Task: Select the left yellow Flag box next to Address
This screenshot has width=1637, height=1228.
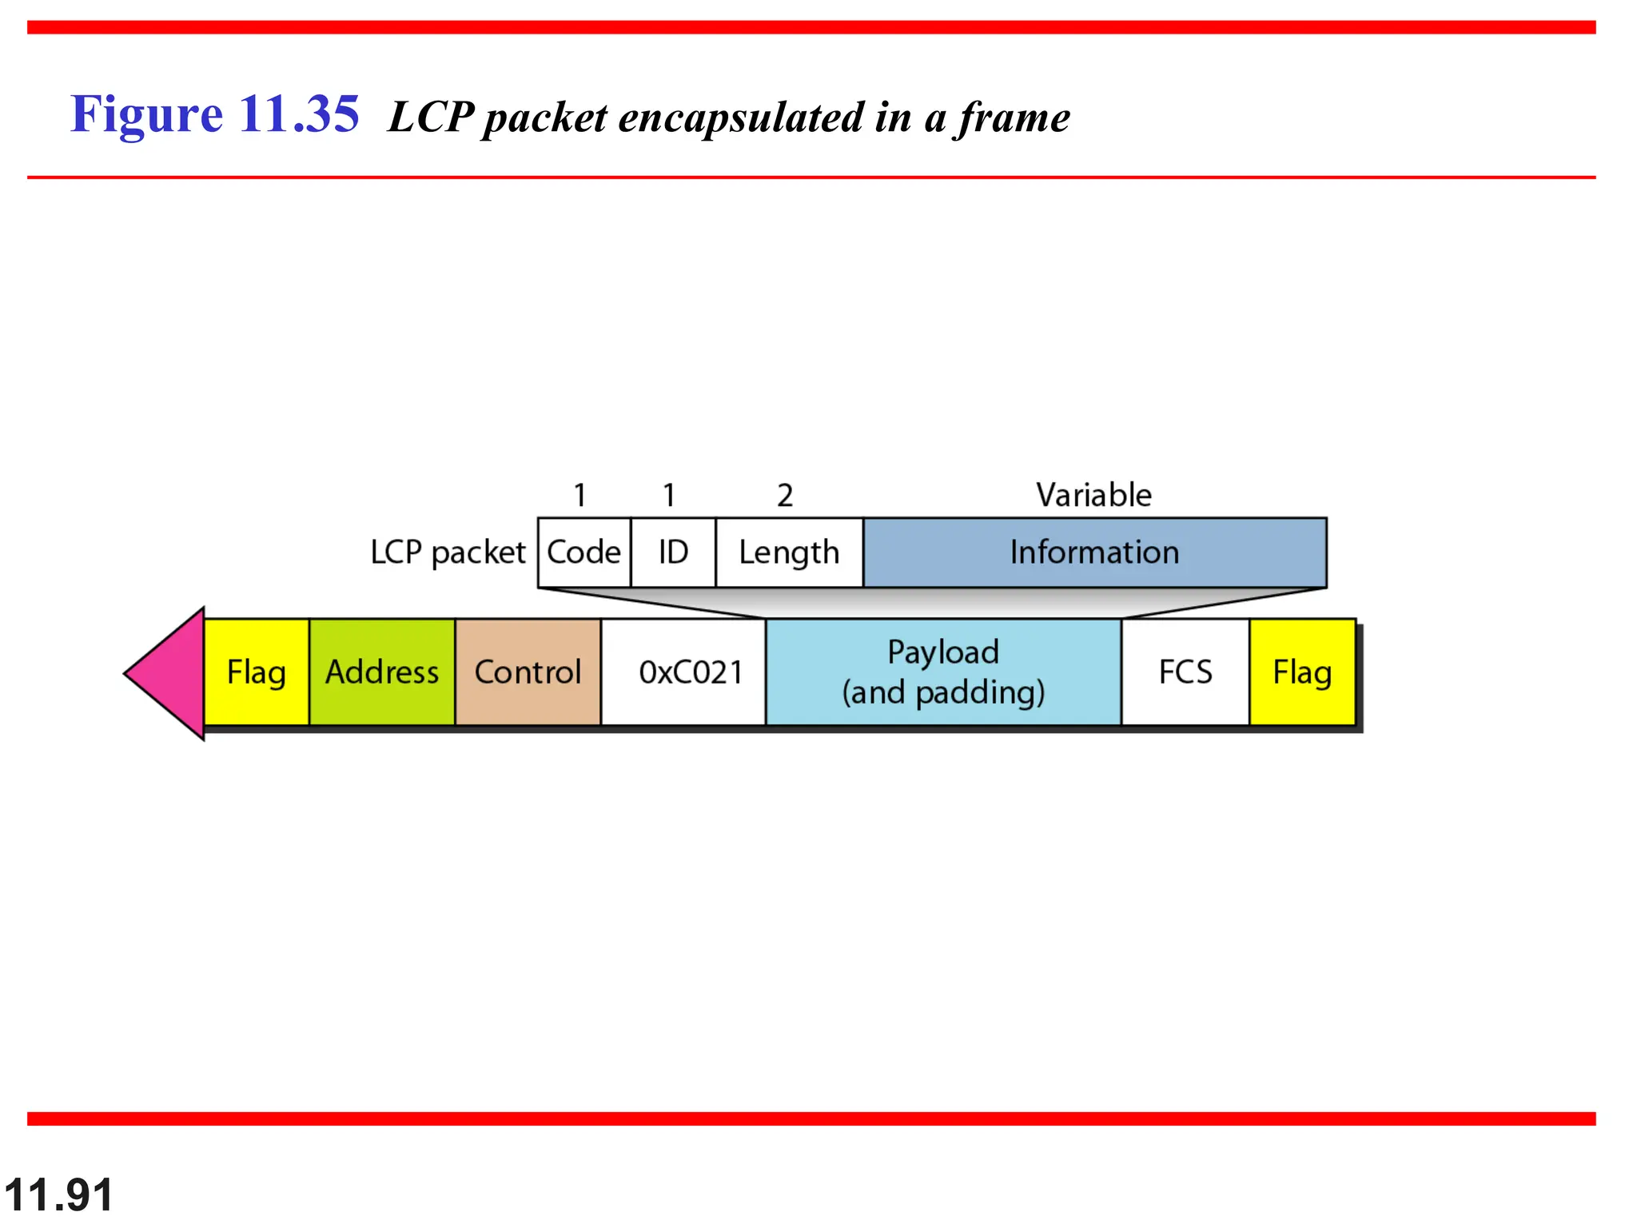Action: (x=257, y=672)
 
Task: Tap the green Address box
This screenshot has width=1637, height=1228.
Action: (x=382, y=672)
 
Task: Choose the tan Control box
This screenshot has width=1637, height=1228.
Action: (x=528, y=672)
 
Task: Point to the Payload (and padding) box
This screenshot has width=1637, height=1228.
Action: (x=943, y=672)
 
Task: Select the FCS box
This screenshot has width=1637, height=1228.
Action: (x=1185, y=672)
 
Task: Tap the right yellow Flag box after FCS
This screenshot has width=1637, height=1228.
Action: (x=1302, y=672)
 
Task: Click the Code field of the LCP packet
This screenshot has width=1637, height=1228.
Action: (x=584, y=552)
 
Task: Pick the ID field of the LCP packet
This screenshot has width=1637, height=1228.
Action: (x=673, y=552)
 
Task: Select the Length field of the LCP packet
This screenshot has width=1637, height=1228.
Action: (x=789, y=552)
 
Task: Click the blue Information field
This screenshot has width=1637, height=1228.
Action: (x=1094, y=552)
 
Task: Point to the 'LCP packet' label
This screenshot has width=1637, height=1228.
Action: (x=448, y=552)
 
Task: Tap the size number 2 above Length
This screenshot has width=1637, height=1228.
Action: (x=785, y=496)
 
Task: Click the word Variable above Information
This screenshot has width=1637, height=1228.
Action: (x=1094, y=495)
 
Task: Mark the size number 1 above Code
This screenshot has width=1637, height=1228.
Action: (x=580, y=496)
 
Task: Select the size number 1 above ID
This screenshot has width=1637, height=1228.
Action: (x=669, y=496)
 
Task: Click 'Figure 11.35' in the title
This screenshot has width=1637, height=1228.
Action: (x=214, y=114)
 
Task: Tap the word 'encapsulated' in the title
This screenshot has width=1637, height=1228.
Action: (x=741, y=118)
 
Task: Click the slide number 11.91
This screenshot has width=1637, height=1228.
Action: (x=58, y=1195)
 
